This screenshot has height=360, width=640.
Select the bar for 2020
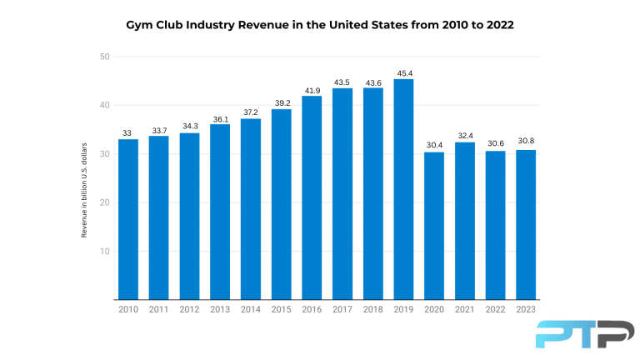[434, 226]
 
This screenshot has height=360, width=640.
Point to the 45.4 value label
[403, 73]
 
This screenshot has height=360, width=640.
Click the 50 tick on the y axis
[103, 57]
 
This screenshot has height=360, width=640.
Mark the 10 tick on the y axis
[103, 251]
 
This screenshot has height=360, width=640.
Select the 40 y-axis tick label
[103, 105]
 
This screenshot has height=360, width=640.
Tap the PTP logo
[573, 333]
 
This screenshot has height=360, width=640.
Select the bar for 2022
[495, 225]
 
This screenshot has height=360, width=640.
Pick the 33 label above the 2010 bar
[127, 133]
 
